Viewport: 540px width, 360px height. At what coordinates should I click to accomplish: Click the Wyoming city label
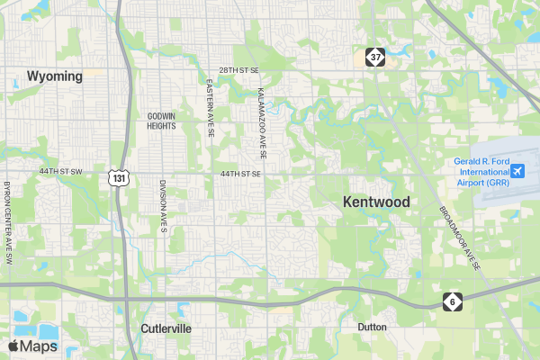point(55,76)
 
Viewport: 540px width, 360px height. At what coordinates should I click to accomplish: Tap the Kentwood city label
point(376,202)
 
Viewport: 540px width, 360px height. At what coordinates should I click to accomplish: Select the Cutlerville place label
point(166,328)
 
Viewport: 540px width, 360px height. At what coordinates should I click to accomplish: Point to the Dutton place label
point(372,327)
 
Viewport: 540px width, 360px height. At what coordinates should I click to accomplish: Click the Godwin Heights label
point(161,121)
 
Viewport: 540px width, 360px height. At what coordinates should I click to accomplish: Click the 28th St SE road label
point(238,69)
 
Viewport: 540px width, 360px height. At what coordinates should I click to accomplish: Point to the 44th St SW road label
point(60,171)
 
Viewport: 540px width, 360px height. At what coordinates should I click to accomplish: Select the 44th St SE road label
point(241,173)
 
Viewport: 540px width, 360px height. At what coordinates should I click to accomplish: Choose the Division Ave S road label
point(164,206)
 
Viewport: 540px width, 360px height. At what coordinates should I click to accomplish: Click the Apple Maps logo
point(33,346)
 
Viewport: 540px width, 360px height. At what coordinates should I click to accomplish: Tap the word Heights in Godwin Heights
point(161,126)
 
